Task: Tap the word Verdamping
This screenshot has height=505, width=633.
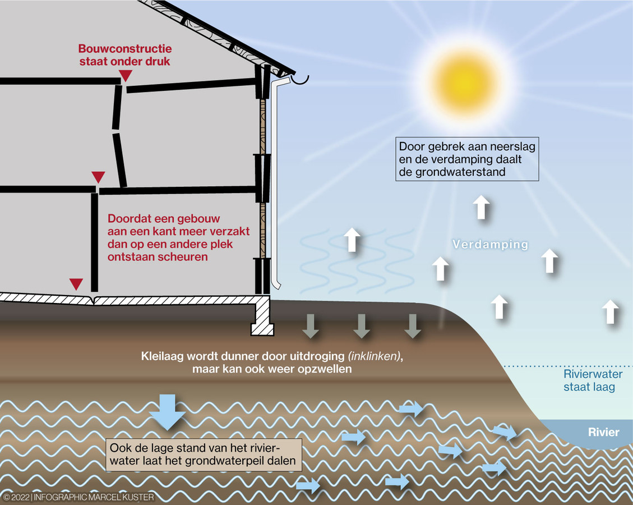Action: pyautogui.click(x=491, y=245)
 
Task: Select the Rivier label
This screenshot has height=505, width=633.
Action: pyautogui.click(x=603, y=432)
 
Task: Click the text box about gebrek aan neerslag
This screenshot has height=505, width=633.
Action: pyautogui.click(x=467, y=159)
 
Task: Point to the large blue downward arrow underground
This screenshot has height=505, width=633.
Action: pyautogui.click(x=168, y=411)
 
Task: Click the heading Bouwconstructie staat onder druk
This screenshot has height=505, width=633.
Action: pyautogui.click(x=124, y=55)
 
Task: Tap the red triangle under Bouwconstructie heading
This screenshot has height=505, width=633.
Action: pyautogui.click(x=127, y=76)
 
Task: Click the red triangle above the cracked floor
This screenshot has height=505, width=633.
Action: pyautogui.click(x=76, y=284)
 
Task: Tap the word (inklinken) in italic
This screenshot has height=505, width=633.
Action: pyautogui.click(x=375, y=357)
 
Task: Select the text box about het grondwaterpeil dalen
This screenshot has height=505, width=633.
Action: pyautogui.click(x=204, y=455)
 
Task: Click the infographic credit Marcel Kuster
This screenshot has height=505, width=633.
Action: pyautogui.click(x=78, y=497)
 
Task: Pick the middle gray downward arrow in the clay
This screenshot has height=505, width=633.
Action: pyautogui.click(x=361, y=326)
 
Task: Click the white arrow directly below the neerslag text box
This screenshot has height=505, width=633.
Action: pyautogui.click(x=480, y=208)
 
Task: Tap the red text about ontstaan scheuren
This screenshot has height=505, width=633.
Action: pyautogui.click(x=178, y=238)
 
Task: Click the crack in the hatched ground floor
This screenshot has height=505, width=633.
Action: pyautogui.click(x=93, y=300)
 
